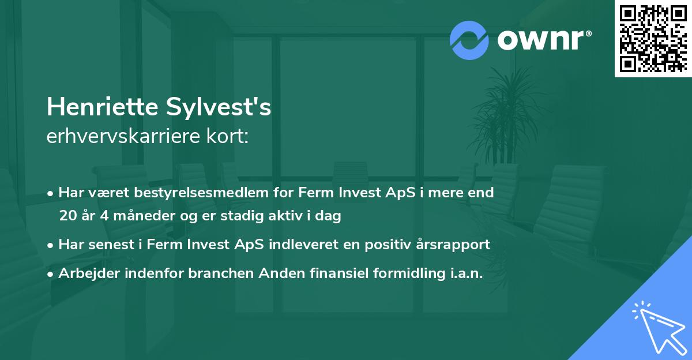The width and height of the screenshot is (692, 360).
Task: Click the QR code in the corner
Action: tap(653, 39)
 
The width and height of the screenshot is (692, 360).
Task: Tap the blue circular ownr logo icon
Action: tap(469, 40)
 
